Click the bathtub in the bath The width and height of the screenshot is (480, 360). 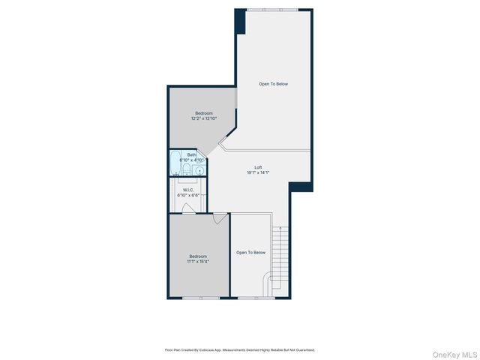pyautogui.click(x=175, y=163)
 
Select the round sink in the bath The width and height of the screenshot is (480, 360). pyautogui.click(x=199, y=170)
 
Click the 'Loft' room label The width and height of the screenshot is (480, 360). pyautogui.click(x=258, y=167)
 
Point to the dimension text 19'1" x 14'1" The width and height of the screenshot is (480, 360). pyautogui.click(x=258, y=172)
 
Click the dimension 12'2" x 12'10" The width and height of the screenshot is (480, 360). pyautogui.click(x=204, y=118)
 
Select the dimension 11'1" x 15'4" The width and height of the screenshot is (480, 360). pyautogui.click(x=199, y=262)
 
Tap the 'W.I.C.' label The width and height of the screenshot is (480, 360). pyautogui.click(x=187, y=190)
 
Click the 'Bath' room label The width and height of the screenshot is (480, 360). pyautogui.click(x=192, y=154)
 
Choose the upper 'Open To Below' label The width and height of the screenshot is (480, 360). pyautogui.click(x=274, y=84)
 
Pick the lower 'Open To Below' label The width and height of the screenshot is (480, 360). pyautogui.click(x=251, y=253)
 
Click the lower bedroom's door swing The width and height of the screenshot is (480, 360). pyautogui.click(x=218, y=218)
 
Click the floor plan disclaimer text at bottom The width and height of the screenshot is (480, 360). pyautogui.click(x=240, y=349)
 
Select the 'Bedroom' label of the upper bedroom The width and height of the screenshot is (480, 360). pyautogui.click(x=204, y=113)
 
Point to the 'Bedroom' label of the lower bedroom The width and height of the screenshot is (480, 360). pyautogui.click(x=199, y=256)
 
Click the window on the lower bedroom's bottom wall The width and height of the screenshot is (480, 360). pyautogui.click(x=201, y=298)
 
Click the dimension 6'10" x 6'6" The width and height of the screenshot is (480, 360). pyautogui.click(x=187, y=195)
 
